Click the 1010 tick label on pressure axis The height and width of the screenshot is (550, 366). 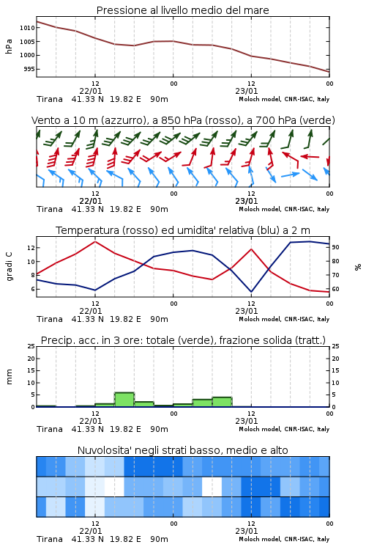pos(27,28)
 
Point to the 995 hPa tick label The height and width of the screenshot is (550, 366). pos(29,69)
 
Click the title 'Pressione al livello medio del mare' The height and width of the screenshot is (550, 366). pos(183,10)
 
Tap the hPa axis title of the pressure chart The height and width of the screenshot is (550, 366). pos(9,46)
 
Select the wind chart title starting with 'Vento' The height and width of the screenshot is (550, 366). pos(183,120)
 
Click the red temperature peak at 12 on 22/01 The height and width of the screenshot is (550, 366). pos(95,241)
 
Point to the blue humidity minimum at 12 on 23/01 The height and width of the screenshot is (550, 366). pos(251,292)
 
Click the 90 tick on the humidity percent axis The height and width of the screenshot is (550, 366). pos(335,247)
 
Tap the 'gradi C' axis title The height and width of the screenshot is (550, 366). pos(9,267)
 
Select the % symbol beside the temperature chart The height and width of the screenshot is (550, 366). pos(358,267)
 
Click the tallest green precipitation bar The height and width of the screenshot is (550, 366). pos(124,400)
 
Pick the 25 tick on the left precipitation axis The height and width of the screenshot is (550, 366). pos(31,346)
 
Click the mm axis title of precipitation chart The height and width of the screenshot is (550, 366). pos(9,376)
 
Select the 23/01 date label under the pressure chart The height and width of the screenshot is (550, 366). pos(247,91)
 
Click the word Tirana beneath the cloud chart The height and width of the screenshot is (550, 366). pos(50,539)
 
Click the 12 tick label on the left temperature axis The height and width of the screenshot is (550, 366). pos(31,248)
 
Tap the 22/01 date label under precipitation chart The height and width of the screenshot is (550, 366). pos(91,421)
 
